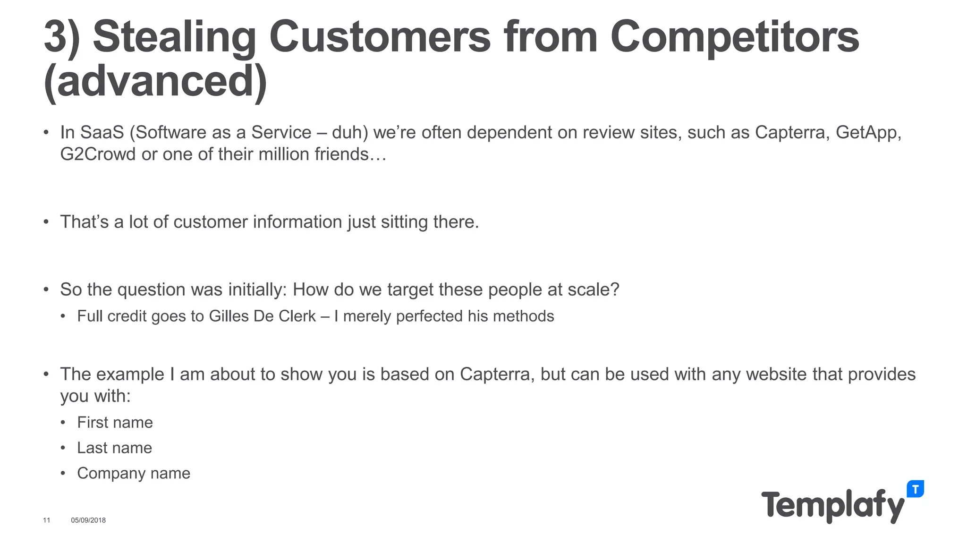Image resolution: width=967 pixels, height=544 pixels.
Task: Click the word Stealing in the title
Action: pyautogui.click(x=174, y=38)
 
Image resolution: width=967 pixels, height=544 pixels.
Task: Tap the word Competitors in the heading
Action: pyautogui.click(x=734, y=38)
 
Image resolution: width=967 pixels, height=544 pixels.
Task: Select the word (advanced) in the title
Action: pyautogui.click(x=155, y=82)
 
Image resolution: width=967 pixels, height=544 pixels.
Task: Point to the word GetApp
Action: pyautogui.click(x=868, y=133)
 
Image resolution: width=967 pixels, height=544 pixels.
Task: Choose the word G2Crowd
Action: pyautogui.click(x=98, y=154)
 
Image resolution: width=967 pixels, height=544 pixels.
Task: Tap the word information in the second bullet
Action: pyautogui.click(x=297, y=222)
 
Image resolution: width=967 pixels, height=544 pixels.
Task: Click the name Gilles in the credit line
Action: pyautogui.click(x=229, y=316)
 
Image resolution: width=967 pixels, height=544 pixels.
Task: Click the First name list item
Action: pyautogui.click(x=115, y=422)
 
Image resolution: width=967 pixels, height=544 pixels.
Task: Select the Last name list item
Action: pyautogui.click(x=114, y=448)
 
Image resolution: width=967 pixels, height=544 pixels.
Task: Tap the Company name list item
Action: pyautogui.click(x=134, y=473)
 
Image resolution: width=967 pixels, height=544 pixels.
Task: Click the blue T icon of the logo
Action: pyautogui.click(x=915, y=489)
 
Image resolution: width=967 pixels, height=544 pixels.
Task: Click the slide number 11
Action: pyautogui.click(x=46, y=520)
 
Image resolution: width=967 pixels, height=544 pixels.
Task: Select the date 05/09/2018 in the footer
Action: pyautogui.click(x=88, y=520)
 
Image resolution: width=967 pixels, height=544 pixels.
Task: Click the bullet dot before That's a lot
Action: pyautogui.click(x=46, y=222)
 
